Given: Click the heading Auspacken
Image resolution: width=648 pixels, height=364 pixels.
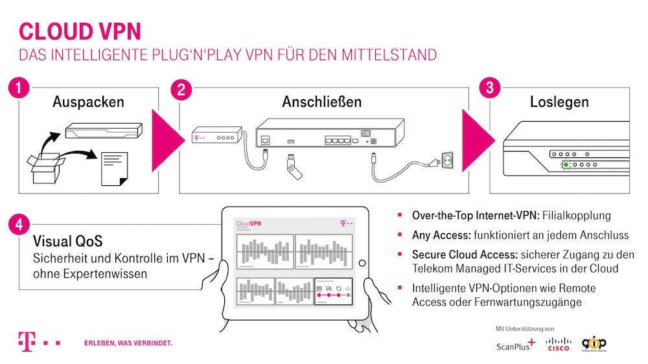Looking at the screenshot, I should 88,102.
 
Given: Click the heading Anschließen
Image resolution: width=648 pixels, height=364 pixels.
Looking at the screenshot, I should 321,102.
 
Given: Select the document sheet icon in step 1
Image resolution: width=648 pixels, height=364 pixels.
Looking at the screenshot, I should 114,167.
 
